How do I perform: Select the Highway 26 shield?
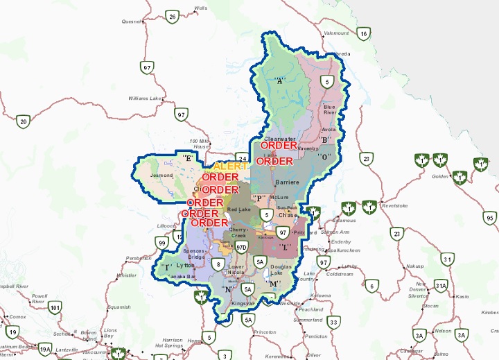[173, 15]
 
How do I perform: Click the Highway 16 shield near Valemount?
[363, 33]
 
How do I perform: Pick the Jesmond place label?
[161, 175]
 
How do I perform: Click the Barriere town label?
[286, 182]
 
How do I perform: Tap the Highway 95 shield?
[489, 218]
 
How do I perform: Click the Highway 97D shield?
[241, 247]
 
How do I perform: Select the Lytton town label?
[186, 266]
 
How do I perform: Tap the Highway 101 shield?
[55, 307]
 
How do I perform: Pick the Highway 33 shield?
[334, 322]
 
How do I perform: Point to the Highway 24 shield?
[241, 157]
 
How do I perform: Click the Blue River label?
[329, 109]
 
